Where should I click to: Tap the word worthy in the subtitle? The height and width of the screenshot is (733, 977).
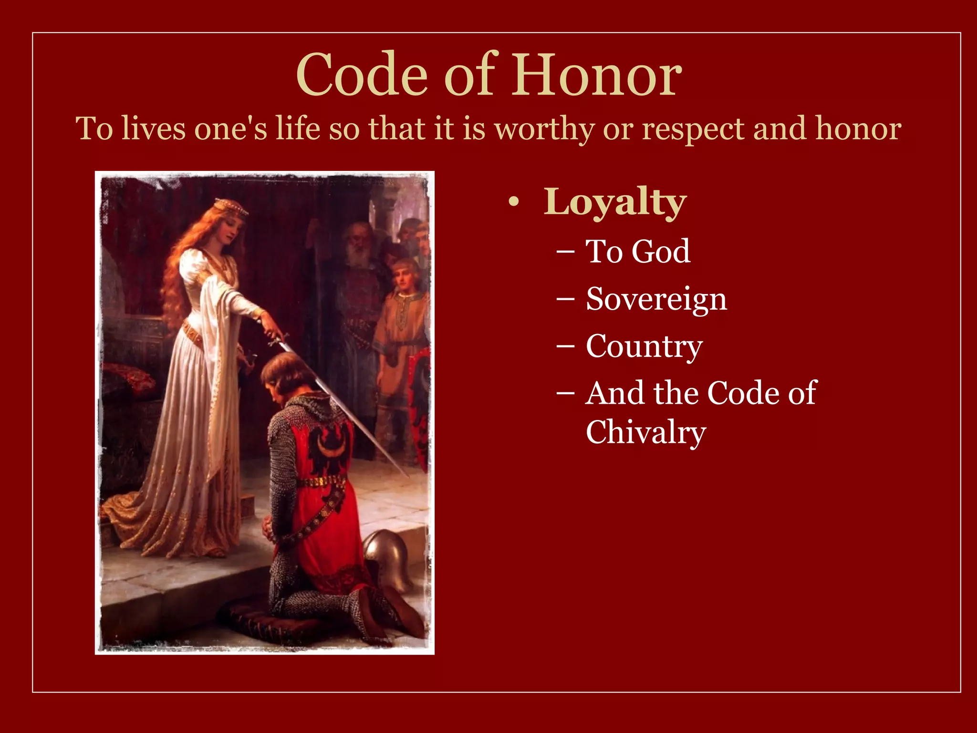pyautogui.click(x=544, y=129)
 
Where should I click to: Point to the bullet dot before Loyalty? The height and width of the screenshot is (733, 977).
pyautogui.click(x=513, y=202)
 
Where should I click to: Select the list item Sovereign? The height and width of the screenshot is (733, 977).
pyautogui.click(x=656, y=300)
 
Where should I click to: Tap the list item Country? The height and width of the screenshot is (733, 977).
pyautogui.click(x=644, y=347)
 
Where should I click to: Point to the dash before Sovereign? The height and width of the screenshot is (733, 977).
pyautogui.click(x=565, y=300)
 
